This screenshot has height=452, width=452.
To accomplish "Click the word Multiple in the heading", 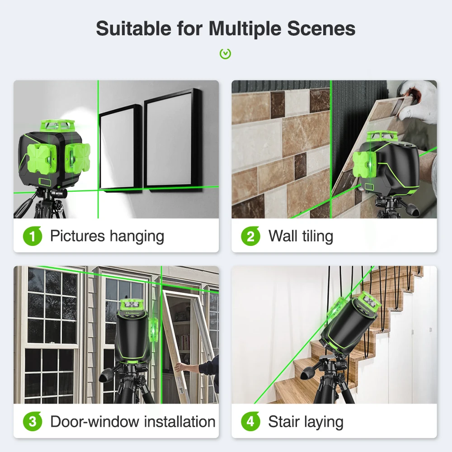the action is coord(245,29).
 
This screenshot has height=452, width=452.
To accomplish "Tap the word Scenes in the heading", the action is coord(321,29).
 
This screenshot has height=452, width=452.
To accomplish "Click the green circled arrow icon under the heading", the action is coord(225,54).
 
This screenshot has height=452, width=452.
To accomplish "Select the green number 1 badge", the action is coord(32,236).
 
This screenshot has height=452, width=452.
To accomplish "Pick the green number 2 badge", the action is coord(250,236).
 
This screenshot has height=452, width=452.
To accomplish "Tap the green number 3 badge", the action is coord(32,421).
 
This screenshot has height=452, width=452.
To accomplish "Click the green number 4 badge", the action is coord(250,421).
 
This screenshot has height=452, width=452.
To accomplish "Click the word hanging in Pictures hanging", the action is coord(137,237).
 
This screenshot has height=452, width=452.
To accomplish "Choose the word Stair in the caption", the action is coord(284,421).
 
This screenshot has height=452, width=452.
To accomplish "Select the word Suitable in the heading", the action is coord(134,29).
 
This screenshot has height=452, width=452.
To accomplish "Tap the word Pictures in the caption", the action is coord(78,236).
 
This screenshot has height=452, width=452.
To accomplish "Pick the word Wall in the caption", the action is coord(282,236).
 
